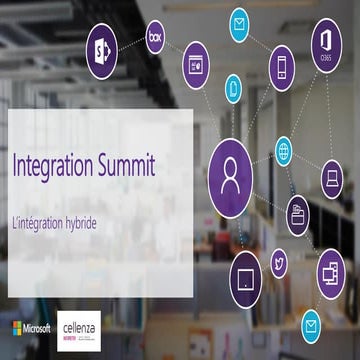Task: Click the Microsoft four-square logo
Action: tap(18, 328)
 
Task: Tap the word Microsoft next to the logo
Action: tap(39, 328)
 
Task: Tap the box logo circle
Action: tap(155, 37)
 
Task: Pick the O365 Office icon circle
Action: tap(325, 46)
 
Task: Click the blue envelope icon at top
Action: tap(239, 23)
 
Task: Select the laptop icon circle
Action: tap(331, 180)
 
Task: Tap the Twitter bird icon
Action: tap(279, 265)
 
